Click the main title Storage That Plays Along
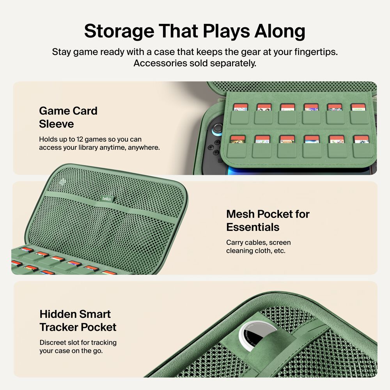(195, 31)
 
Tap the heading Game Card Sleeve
(68, 117)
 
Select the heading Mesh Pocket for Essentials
(268, 220)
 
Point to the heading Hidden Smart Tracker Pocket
(78, 320)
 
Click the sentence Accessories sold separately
(195, 63)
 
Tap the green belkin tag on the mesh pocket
(107, 199)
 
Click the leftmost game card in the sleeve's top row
(241, 107)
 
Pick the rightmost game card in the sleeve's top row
(358, 107)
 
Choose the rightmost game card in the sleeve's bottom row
(361, 139)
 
